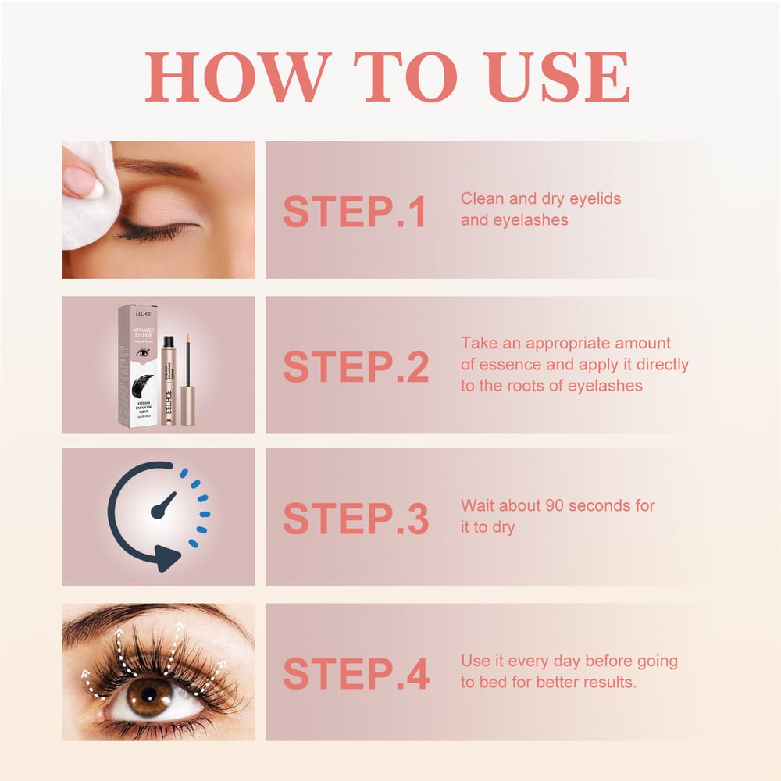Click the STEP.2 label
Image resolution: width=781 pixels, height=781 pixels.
point(355,366)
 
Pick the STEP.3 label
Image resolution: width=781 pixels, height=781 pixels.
point(355,519)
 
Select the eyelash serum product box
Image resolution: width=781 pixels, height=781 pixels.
point(137,366)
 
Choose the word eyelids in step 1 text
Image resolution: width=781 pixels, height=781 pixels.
point(594,198)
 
